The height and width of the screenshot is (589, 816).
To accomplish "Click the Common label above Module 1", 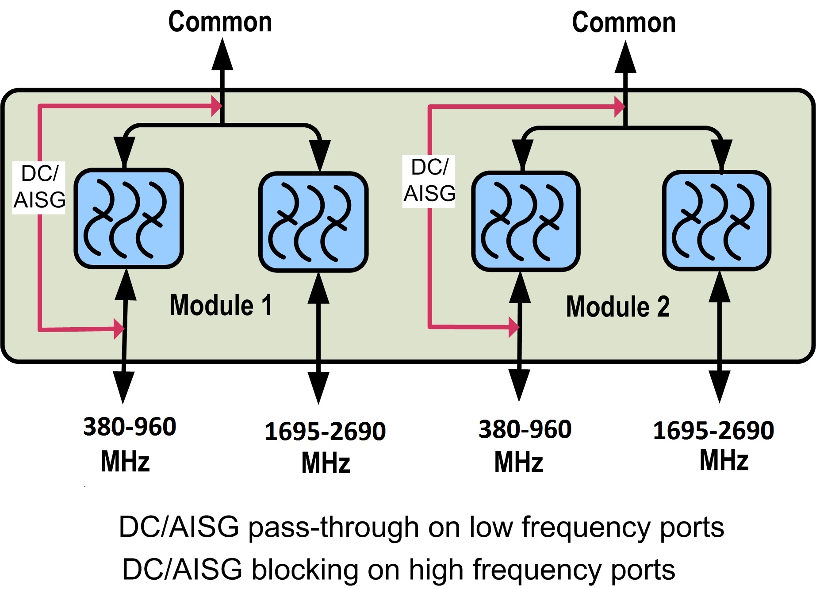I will tap(220, 22).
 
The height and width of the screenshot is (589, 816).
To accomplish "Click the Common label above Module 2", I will tap(624, 23).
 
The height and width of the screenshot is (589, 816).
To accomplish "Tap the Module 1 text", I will tap(221, 305).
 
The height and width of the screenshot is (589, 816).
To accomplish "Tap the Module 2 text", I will tap(617, 307).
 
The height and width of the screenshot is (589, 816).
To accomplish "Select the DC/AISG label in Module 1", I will tap(39, 187).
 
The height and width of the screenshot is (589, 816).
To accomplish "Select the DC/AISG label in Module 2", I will tap(429, 180).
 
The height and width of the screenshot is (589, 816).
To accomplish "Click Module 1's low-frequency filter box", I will tap(129, 218).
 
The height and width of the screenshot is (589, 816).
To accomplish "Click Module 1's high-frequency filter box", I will tap(313, 222).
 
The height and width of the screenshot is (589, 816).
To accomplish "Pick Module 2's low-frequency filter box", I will tap(526, 221).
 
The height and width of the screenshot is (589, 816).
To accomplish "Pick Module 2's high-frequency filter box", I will tap(716, 220).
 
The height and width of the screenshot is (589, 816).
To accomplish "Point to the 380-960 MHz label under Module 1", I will tap(129, 444).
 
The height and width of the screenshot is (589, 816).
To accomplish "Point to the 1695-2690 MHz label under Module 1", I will tap(325, 447).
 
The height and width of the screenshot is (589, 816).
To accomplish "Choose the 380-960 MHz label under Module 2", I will tap(524, 446).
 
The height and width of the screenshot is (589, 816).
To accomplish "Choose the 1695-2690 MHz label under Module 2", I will tap(714, 445).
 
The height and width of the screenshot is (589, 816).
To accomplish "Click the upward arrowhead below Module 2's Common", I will tap(625, 57).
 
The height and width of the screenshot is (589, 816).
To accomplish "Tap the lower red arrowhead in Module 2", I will tap(514, 327).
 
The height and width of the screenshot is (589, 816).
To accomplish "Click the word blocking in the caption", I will tap(305, 569).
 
